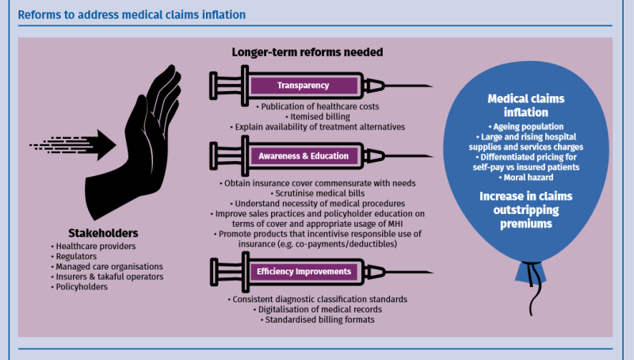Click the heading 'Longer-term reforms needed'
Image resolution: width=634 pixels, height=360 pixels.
point(307,52)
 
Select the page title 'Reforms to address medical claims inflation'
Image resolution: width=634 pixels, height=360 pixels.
point(132,14)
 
